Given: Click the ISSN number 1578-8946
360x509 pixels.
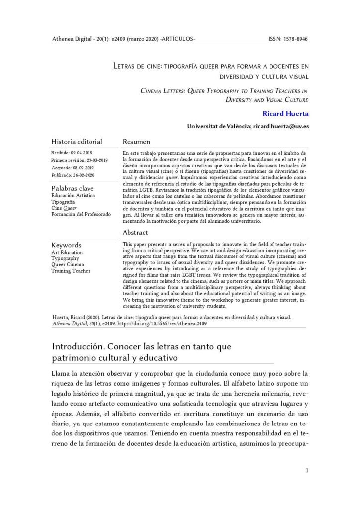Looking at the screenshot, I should [295, 38].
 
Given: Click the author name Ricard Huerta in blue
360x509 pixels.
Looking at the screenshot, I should [286, 114].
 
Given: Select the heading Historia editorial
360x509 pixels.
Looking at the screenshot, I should [77, 142].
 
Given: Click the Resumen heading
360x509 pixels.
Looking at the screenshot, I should [136, 142].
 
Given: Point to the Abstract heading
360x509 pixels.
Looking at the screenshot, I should [135, 232].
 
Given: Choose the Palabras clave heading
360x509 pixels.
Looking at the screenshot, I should [73, 188].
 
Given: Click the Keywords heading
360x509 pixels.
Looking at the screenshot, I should [67, 245].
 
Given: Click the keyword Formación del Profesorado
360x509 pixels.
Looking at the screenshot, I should [81, 214].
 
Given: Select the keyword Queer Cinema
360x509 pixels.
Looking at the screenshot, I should [69, 265].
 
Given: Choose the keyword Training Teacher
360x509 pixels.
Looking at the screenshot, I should [71, 271].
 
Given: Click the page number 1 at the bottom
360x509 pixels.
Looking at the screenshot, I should [307, 470].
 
